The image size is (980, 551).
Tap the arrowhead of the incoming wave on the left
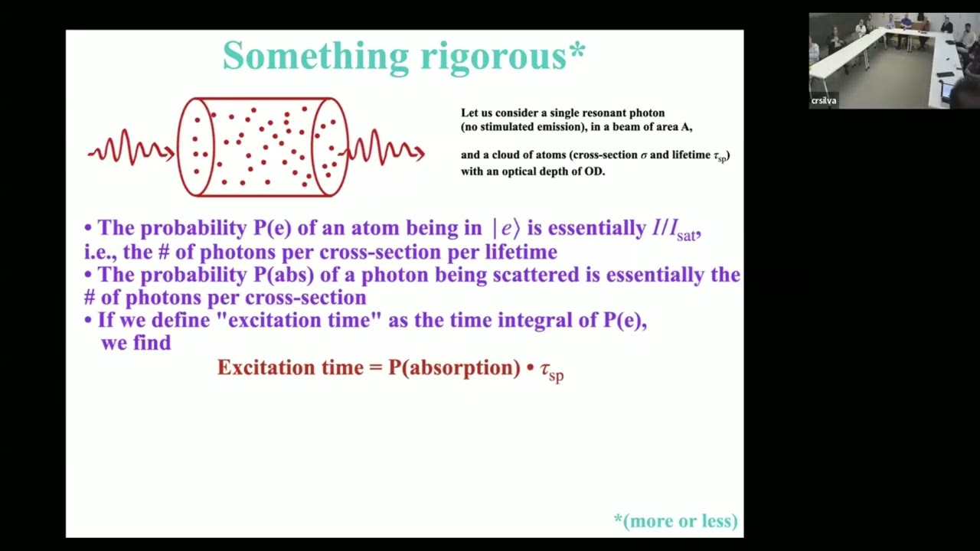tap(170, 152)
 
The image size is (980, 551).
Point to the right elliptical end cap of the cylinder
tap(329, 147)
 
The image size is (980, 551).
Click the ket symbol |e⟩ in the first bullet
tap(506, 228)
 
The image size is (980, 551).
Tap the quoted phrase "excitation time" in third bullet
tap(299, 320)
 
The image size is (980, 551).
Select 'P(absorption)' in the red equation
tap(454, 368)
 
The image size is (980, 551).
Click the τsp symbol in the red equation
tap(552, 371)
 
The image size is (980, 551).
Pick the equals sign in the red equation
tap(375, 368)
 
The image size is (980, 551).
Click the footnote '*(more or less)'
tap(675, 521)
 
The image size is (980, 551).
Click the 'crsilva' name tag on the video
tap(824, 101)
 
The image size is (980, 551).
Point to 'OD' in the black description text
tap(594, 171)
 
